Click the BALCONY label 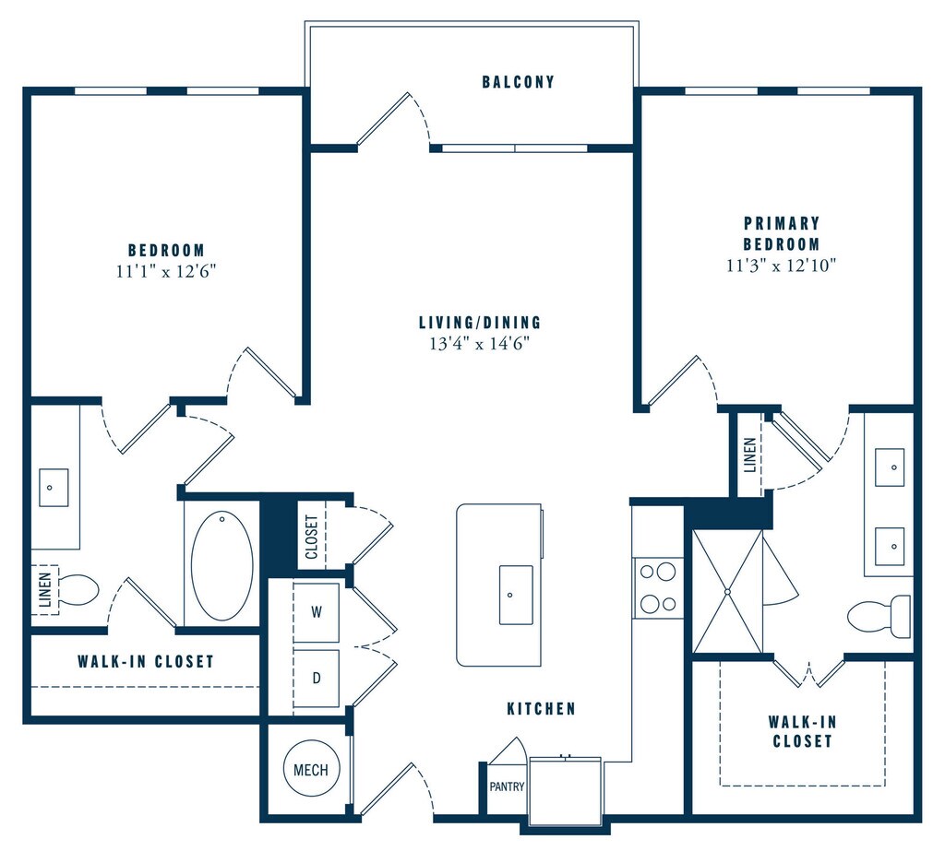click(518, 82)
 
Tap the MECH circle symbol click(311, 769)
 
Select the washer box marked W click(316, 612)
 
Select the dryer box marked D click(316, 678)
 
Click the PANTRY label click(507, 786)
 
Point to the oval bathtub click(221, 565)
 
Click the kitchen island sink click(516, 595)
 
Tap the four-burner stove click(657, 588)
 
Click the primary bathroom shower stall click(727, 591)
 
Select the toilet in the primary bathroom click(879, 616)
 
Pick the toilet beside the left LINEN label click(78, 590)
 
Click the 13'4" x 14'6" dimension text click(480, 344)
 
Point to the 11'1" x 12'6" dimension click(166, 271)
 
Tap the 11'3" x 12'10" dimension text click(782, 265)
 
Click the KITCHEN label click(541, 709)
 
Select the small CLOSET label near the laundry click(312, 536)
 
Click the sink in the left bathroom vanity click(54, 487)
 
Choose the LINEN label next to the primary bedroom click(749, 455)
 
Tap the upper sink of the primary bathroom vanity click(890, 467)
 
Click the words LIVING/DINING click(480, 323)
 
